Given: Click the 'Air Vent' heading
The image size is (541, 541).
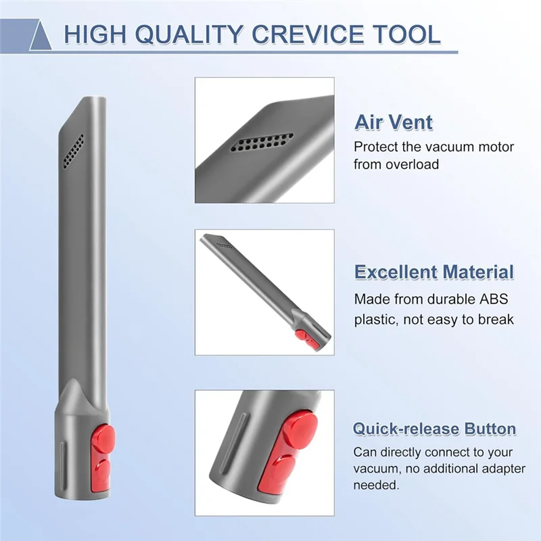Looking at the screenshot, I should pos(394,123).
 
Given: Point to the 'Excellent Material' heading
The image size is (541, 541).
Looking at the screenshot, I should pos(434,273).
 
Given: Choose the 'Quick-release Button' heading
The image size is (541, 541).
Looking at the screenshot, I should pos(434,429).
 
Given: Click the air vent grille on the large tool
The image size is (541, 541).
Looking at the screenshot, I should pos(74,151).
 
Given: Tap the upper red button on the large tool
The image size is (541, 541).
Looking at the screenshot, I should pos(103,439).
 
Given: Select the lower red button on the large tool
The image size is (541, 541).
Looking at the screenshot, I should pos(101,471).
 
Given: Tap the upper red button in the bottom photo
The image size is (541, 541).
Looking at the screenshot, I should pos(299,429).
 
